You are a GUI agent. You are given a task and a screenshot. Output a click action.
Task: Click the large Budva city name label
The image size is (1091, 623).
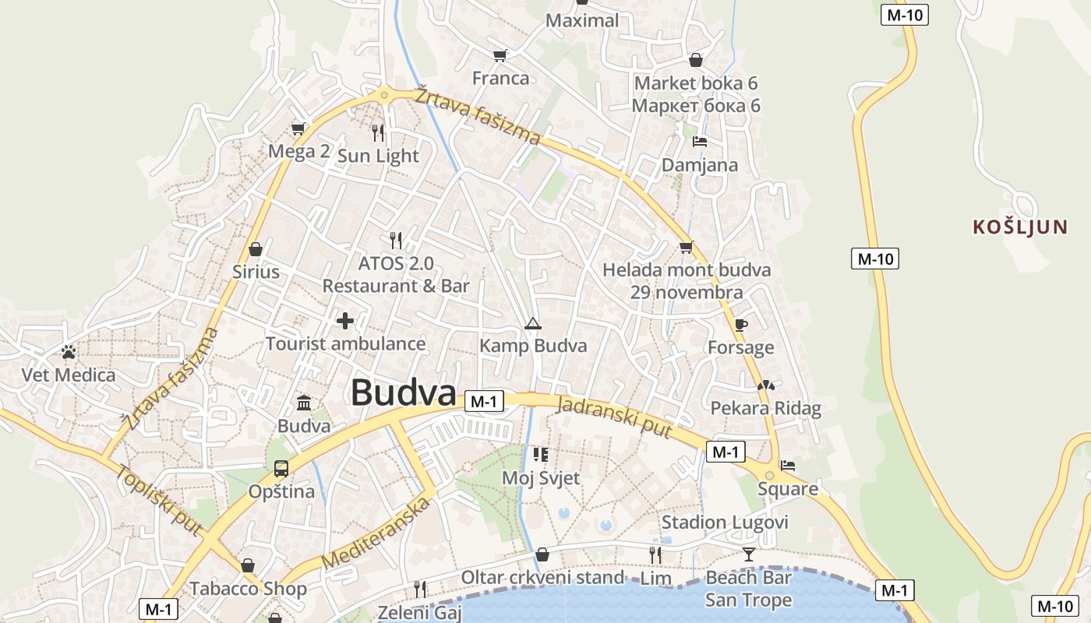tap(403, 392)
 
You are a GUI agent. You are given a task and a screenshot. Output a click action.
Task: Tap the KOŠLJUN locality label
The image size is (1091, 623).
tap(1019, 227)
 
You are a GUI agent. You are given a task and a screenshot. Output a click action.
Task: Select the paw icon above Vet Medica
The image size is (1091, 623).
tap(69, 352)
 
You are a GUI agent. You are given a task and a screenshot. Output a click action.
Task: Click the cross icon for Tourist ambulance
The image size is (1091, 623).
tap(344, 320)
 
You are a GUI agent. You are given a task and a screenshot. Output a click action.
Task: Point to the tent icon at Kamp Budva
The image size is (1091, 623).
tap(533, 323)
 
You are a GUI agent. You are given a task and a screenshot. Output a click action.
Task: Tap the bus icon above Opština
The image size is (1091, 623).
tap(281, 469)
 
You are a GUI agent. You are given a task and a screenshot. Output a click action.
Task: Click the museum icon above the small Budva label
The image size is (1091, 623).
tap(304, 403)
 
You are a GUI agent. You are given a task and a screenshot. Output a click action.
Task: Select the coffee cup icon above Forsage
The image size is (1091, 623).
tap(740, 325)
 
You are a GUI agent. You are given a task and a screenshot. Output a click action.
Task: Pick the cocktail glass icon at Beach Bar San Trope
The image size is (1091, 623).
tap(748, 554)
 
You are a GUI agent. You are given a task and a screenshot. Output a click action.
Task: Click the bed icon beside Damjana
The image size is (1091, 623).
tap(699, 142)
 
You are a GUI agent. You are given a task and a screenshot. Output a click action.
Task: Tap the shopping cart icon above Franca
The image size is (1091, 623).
tap(500, 55)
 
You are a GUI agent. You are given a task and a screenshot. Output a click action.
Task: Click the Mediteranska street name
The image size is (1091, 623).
tap(376, 533)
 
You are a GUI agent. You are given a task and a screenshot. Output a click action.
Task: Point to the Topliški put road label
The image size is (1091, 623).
tap(159, 499)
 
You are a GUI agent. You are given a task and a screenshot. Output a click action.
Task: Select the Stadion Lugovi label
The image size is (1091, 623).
tap(725, 522)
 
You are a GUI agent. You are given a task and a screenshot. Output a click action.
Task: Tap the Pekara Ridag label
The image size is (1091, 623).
tap(765, 408)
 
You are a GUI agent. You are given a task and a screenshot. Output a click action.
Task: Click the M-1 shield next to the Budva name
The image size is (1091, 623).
tap(484, 401)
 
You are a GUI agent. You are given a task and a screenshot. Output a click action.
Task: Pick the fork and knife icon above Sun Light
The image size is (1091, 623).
tap(378, 132)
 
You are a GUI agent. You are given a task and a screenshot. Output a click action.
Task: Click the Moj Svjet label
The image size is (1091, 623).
tap(541, 477)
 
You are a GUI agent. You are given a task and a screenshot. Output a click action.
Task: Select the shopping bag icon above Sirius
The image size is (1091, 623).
tap(255, 250)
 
